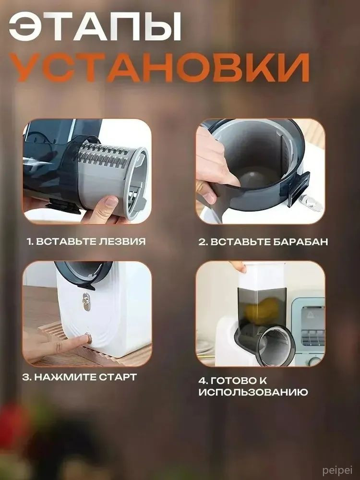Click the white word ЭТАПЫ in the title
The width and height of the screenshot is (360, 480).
pyautogui.click(x=95, y=27)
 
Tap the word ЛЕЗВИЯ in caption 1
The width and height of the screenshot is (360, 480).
pyautogui.click(x=122, y=241)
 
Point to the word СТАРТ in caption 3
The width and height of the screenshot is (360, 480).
pyautogui.click(x=118, y=377)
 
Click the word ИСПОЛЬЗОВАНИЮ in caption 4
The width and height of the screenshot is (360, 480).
pyautogui.click(x=253, y=393)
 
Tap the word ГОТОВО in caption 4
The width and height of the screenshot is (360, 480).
pyautogui.click(x=234, y=381)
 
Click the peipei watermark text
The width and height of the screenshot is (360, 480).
pyautogui.click(x=337, y=470)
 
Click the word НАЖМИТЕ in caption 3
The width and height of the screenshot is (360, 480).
pyautogui.click(x=65, y=377)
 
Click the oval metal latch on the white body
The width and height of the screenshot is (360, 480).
pyautogui.click(x=86, y=301)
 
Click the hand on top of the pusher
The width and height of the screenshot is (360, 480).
pyautogui.click(x=238, y=266)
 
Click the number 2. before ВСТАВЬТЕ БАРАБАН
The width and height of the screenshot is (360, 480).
pyautogui.click(x=203, y=242)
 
